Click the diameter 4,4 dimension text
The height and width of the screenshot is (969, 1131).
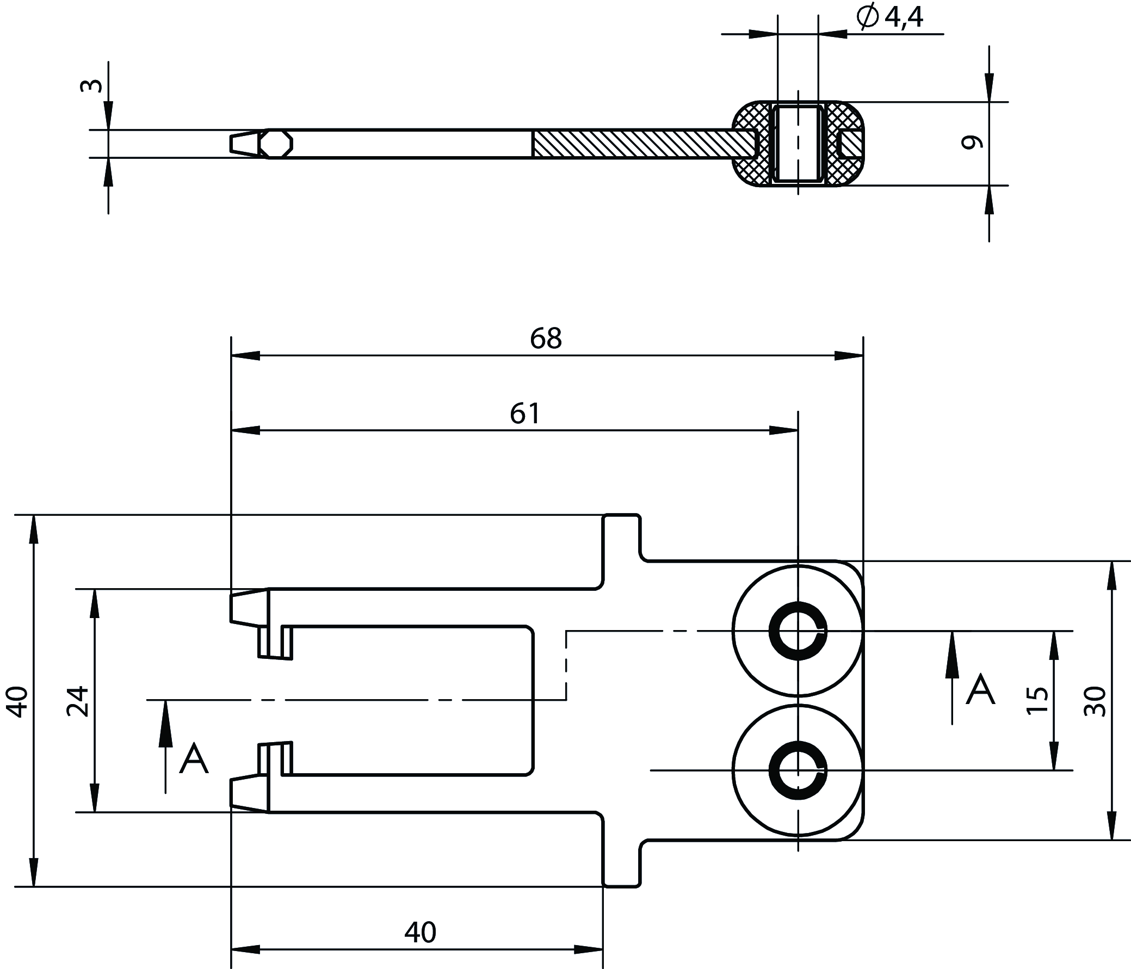890,17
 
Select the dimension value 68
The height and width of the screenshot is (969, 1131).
545,338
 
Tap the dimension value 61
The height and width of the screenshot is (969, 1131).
524,413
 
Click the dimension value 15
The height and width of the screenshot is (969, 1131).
1037,700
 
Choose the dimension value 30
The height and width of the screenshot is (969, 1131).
1095,701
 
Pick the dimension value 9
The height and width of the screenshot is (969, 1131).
972,143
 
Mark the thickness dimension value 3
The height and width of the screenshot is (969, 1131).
91,86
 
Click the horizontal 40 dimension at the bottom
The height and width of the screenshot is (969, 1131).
421,933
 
